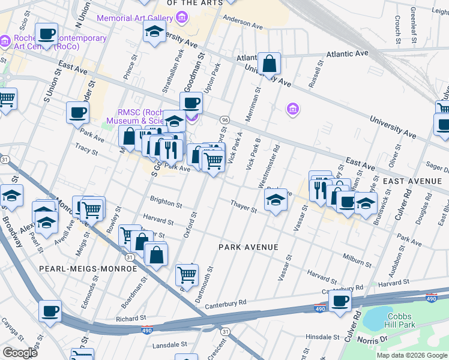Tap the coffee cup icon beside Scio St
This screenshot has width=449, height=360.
(46, 34)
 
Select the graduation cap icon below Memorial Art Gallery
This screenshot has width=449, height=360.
(154, 32)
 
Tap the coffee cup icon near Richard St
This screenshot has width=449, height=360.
(50, 311)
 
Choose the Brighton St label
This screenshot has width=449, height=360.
(166, 202)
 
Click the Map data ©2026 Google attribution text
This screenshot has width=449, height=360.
(412, 355)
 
